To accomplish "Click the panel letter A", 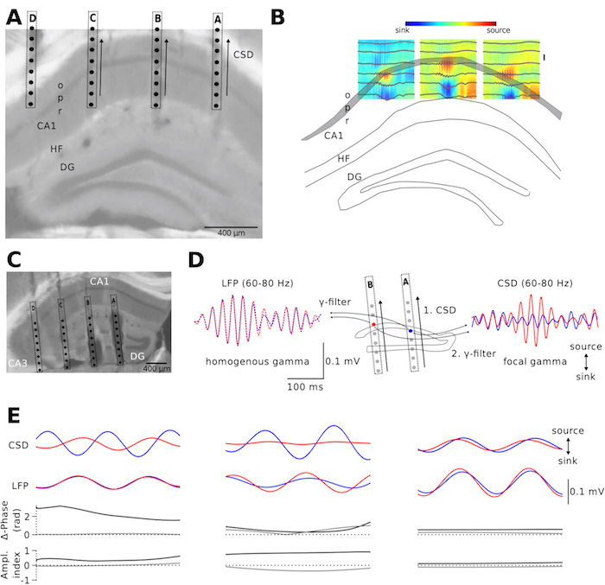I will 16,16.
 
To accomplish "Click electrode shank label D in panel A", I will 33,19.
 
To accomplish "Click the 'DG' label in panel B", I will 353,176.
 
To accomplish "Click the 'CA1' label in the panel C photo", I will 99,281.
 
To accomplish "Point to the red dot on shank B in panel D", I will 373,325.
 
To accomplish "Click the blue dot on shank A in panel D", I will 411,331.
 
